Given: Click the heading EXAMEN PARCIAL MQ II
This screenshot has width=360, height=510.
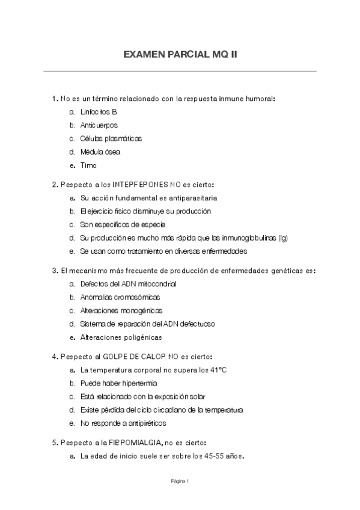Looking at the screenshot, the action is (180, 54).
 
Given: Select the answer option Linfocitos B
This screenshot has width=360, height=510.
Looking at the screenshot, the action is (98, 112).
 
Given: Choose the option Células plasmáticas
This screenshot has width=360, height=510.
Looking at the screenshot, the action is (111, 138).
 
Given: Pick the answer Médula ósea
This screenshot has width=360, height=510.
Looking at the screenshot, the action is (100, 152).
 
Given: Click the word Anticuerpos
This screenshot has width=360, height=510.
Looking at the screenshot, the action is (99, 125).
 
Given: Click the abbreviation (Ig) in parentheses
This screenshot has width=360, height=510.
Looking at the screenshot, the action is (282, 238).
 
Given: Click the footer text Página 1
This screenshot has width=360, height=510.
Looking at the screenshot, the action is (180, 481).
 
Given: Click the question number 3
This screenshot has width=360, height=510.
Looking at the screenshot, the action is (54, 271).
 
